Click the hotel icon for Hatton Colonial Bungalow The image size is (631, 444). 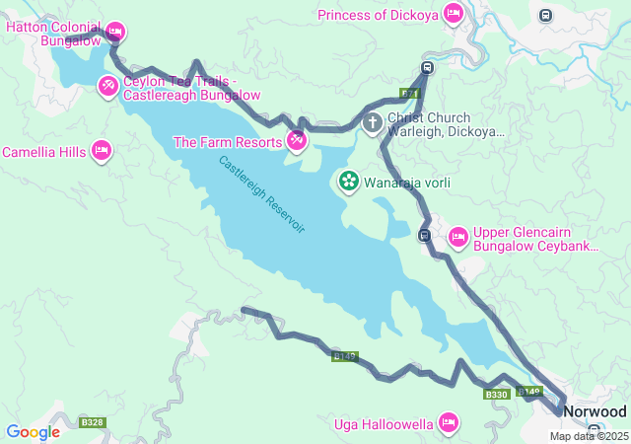coord(115,31)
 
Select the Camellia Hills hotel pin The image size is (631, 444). coord(101,151)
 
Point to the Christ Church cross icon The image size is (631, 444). coord(373,123)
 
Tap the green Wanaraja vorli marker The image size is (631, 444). coord(349,182)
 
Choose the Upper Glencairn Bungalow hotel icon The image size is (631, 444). coord(458,237)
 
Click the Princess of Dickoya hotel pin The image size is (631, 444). coord(453,14)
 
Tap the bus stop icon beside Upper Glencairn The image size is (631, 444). coord(424,235)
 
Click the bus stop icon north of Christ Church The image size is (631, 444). coord(427,68)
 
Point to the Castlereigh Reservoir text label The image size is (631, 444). coord(262,194)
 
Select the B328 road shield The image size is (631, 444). coord(93,422)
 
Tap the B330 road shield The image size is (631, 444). coord(496,395)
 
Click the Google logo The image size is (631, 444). coord(33,431)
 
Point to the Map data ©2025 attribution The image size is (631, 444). coord(589,436)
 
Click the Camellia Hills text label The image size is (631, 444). coord(43,152)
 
